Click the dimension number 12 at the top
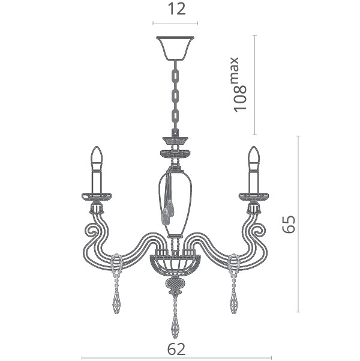176,10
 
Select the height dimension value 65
289,224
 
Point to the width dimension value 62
176,350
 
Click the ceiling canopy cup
175,48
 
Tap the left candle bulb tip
97,147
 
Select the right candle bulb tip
254,147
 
